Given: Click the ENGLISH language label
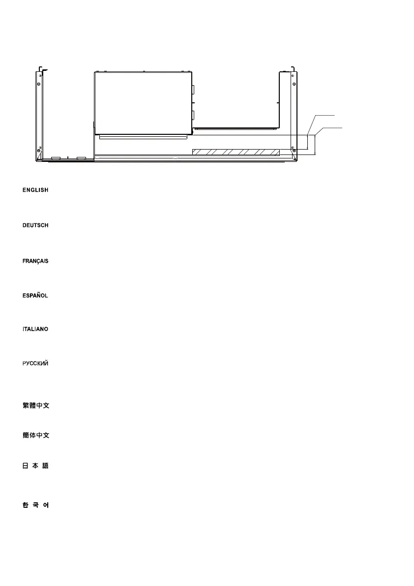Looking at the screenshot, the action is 35,190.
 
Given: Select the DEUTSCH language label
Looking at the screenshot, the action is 35,225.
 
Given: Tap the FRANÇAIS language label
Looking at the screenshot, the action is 35,261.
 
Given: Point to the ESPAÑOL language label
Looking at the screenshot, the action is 35,296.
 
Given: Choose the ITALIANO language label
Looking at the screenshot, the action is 35,329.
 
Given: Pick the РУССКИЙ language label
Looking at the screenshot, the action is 35,364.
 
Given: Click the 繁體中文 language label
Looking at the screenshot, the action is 36,406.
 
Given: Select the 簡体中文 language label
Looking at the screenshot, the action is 36,435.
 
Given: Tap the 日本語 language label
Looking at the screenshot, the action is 35,465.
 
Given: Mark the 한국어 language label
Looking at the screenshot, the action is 35,505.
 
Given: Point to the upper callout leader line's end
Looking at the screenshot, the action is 335,115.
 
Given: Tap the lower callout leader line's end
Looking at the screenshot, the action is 340,127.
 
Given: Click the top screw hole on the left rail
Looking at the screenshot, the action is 39,76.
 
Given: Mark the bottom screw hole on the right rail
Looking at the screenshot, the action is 294,150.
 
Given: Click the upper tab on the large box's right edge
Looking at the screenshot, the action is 193,90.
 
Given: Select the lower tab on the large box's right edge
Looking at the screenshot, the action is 193,116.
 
